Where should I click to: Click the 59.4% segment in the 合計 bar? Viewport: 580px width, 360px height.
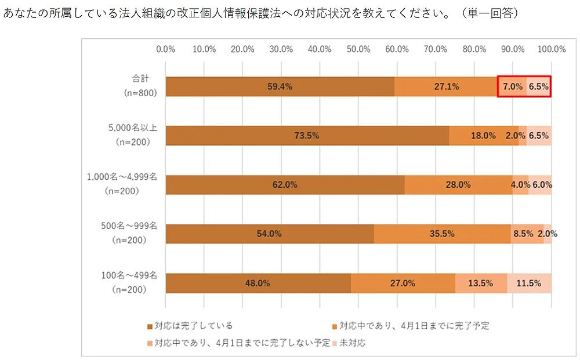pos(280,87)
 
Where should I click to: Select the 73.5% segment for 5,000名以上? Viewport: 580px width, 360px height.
pos(307,136)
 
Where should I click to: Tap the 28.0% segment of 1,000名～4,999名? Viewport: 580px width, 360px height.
pos(458,185)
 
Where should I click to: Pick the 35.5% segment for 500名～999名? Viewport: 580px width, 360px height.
pos(442,234)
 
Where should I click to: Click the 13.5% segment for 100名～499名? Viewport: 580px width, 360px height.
pos(481,283)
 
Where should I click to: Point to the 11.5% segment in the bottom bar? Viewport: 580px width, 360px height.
pos(529,283)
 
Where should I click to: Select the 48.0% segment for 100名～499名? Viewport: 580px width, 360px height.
pos(258,283)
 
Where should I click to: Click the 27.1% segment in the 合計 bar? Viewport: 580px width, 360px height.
pos(446,87)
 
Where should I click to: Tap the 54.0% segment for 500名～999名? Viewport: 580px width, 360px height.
pos(269,234)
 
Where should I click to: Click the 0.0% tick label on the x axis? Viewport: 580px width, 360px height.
pos(166,49)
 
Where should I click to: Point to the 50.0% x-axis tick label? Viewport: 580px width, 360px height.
pos(358,49)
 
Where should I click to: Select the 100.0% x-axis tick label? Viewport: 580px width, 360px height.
pos(550,49)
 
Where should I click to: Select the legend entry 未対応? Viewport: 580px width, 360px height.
pos(352,343)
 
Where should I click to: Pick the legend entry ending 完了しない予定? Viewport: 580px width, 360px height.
pos(243,343)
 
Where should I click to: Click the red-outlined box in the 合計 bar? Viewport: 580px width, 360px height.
pos(524,87)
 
